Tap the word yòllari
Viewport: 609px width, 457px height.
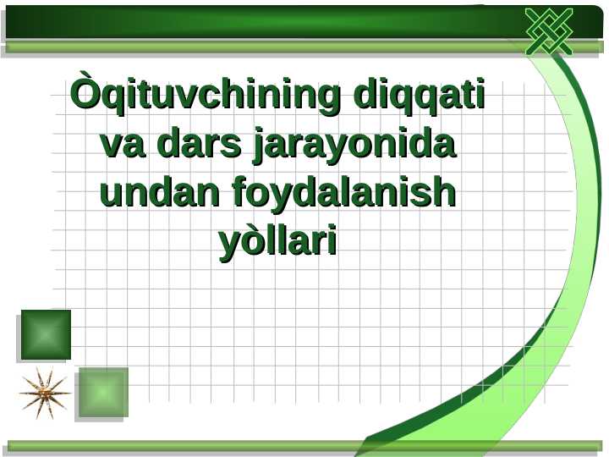pyautogui.click(x=278, y=242)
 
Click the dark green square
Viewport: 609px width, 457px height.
pyautogui.click(x=46, y=334)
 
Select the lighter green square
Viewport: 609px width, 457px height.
pyautogui.click(x=102, y=392)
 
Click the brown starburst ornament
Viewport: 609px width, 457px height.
pyautogui.click(x=45, y=394)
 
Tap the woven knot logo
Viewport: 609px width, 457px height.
pyautogui.click(x=549, y=32)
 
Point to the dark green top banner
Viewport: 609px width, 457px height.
pyautogui.click(x=254, y=21)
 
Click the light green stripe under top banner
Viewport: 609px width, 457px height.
pyautogui.click(x=254, y=47)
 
